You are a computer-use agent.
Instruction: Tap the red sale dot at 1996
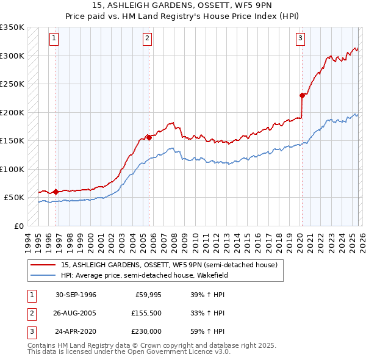pos(56,192)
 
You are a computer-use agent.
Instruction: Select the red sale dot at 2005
pos(149,137)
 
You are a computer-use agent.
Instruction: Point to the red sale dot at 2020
pos(302,95)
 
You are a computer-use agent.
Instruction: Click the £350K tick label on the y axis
pos(12,27)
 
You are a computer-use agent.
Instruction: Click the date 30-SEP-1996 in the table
pos(76,295)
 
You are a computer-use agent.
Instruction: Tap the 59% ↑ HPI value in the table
pos(207,331)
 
